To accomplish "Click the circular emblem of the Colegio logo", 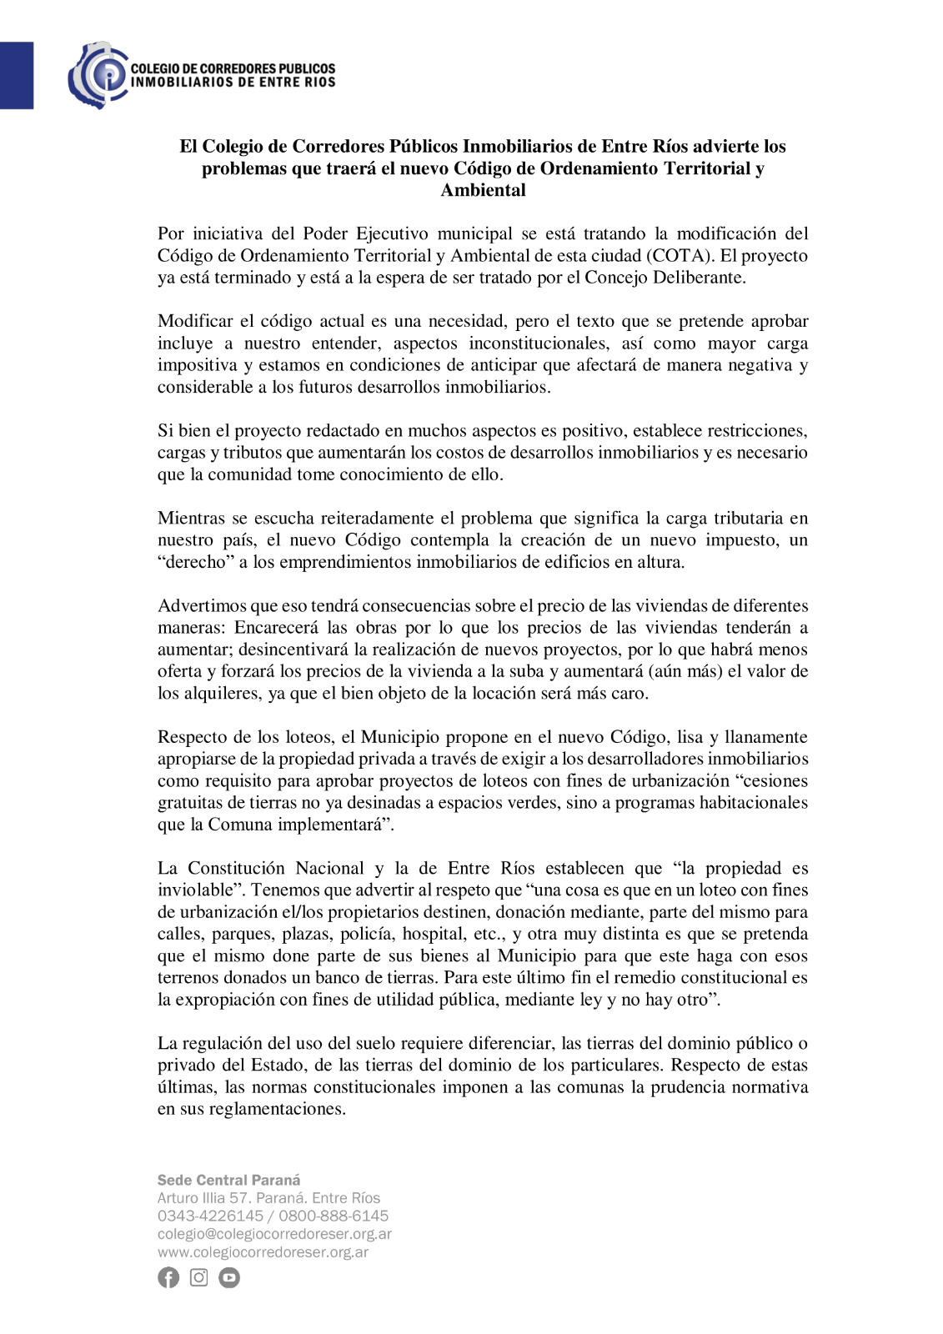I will coord(98,75).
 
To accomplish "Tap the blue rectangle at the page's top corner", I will coord(16,75).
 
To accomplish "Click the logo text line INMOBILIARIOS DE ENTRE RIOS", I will coord(233,83).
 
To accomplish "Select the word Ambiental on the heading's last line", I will coord(483,190).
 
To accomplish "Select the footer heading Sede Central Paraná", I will coord(229,1180).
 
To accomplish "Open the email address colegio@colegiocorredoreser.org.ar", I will coord(274,1234).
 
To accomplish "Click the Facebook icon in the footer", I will coord(168,1277).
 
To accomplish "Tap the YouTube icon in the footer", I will coord(229,1277).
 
